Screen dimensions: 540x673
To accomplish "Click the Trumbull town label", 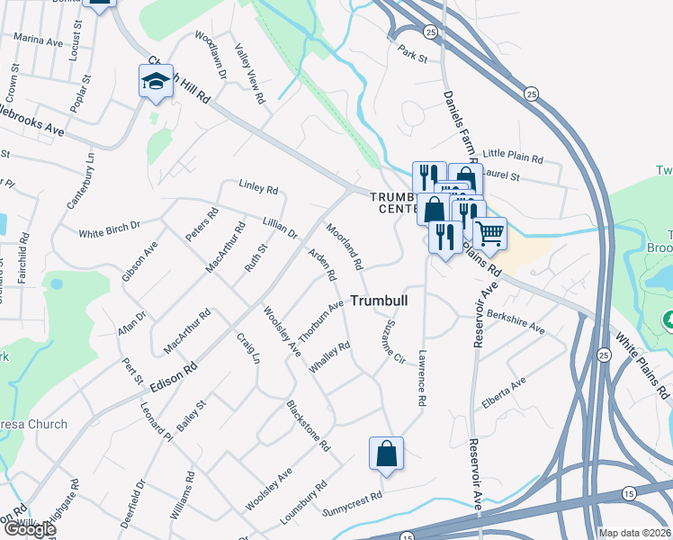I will click(x=378, y=301).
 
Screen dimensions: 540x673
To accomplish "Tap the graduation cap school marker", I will click(x=156, y=82).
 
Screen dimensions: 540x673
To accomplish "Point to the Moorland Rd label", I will click(x=345, y=247).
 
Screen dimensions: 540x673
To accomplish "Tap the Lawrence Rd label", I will click(x=420, y=377).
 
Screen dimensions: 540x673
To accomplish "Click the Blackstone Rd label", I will click(x=309, y=427).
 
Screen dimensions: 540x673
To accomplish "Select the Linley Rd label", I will click(x=258, y=187).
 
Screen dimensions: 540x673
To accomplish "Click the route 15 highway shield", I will click(x=629, y=493).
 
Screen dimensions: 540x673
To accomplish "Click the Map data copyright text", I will click(x=634, y=533).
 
